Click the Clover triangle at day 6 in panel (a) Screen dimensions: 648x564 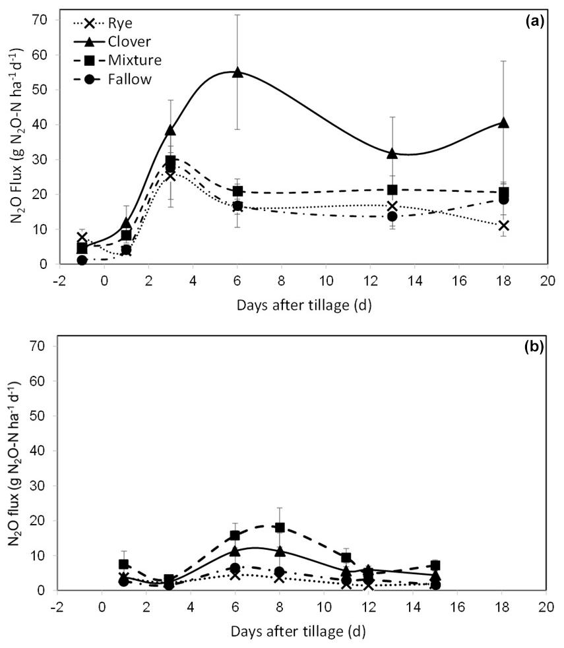click(237, 73)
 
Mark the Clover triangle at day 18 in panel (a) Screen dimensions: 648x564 click(504, 123)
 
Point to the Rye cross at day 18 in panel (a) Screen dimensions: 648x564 click(504, 225)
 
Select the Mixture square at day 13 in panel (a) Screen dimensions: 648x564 click(392, 190)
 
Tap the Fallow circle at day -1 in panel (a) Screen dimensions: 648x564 click(82, 260)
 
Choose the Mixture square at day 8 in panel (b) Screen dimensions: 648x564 click(280, 527)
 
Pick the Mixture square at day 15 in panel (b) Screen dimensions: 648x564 click(435, 566)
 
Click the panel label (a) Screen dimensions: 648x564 click(534, 21)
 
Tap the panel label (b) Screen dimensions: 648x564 click(533, 347)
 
